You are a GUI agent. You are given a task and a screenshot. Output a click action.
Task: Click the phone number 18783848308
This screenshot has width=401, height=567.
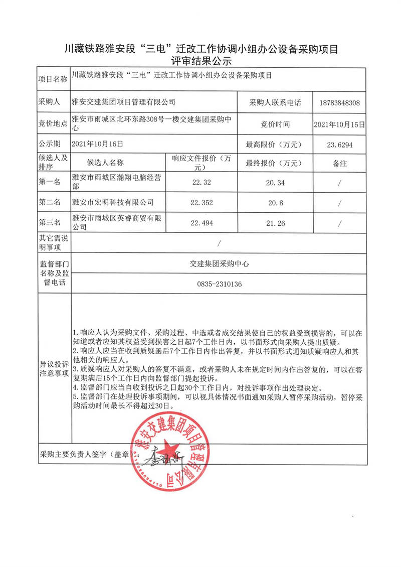339,102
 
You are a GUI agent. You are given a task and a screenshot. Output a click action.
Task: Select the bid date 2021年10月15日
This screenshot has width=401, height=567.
339,123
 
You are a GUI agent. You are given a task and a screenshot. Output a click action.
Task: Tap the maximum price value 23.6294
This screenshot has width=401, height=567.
339,145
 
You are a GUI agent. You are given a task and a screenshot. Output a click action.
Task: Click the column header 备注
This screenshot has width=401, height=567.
339,163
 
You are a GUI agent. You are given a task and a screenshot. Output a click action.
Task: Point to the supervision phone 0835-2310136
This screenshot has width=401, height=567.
220,284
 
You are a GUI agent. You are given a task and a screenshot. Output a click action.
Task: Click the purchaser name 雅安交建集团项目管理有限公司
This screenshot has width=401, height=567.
124,102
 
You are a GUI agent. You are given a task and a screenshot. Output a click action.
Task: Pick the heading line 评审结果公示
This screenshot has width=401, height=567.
200,61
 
